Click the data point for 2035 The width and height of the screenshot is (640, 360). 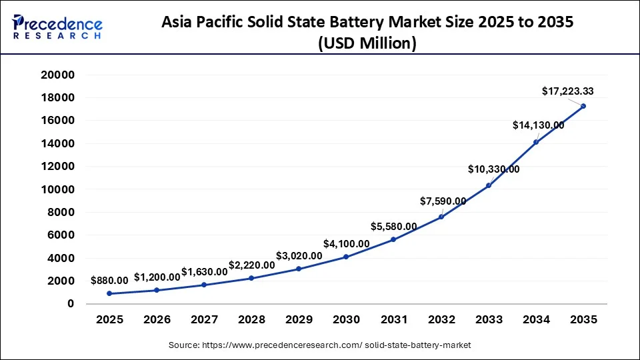coord(583,106)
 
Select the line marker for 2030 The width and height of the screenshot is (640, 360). coord(346,257)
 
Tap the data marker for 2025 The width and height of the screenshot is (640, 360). coord(109,293)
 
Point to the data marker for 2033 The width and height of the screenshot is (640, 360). coord(489,185)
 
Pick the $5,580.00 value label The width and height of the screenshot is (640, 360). coord(394,227)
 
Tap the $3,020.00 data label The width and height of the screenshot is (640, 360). coord(299,256)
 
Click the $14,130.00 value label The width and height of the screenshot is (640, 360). coord(538,125)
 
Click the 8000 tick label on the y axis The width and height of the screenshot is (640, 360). coord(62,213)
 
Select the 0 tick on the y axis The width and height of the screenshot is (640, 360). coord(70,304)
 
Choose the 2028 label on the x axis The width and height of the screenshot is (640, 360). coord(251,319)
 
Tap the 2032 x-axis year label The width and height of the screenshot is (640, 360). coord(441,319)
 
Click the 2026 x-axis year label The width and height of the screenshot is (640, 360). coord(157,319)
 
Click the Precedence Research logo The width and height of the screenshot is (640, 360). coord(57,27)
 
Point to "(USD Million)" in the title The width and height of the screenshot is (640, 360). coord(368,43)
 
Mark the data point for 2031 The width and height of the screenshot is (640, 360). coord(393,239)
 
